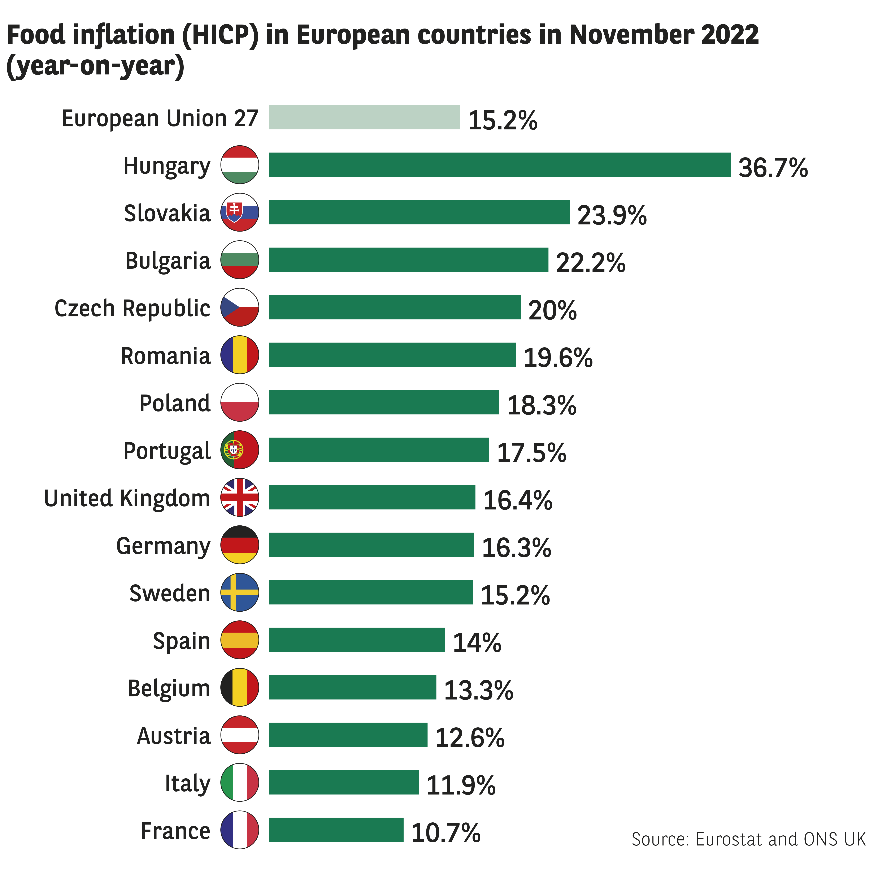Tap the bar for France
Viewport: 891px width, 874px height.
point(336,830)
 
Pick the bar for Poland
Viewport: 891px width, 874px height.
point(384,402)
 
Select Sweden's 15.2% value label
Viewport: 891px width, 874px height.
point(515,595)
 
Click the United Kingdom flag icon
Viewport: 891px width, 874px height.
point(239,497)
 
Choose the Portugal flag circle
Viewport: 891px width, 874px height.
point(239,450)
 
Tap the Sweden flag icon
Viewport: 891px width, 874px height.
point(239,592)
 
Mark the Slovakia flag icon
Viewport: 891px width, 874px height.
point(239,212)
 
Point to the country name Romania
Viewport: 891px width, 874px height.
point(166,356)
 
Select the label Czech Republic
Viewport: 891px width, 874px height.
point(132,308)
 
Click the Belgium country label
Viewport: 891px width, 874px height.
point(169,688)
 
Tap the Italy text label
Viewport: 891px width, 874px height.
point(187,783)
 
